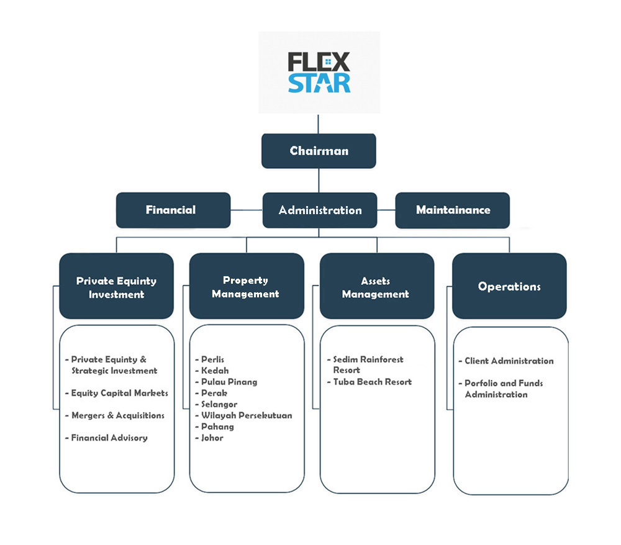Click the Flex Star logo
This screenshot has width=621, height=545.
tap(319, 73)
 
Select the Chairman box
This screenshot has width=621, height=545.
tap(319, 151)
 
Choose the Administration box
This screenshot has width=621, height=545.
tap(320, 210)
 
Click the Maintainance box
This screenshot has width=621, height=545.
tap(453, 210)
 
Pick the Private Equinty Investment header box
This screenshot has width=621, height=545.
tap(116, 287)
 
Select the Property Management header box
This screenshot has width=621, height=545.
tap(246, 287)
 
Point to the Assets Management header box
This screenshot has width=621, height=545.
tap(376, 287)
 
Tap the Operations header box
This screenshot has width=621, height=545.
tap(509, 286)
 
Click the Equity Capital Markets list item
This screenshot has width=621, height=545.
tap(119, 393)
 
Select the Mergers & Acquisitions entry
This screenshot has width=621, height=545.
tap(117, 415)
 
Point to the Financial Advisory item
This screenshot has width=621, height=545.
tap(109, 438)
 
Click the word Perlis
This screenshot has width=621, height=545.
tap(213, 359)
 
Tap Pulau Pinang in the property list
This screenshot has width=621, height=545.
tap(229, 382)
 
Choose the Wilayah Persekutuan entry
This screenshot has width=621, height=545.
tap(247, 415)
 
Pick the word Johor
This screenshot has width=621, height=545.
tap(212, 438)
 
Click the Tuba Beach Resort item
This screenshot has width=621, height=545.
tap(372, 382)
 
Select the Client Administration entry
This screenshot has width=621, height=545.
tap(509, 361)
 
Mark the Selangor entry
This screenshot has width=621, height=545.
tap(219, 404)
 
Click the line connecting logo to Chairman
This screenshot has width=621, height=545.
tap(319, 124)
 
